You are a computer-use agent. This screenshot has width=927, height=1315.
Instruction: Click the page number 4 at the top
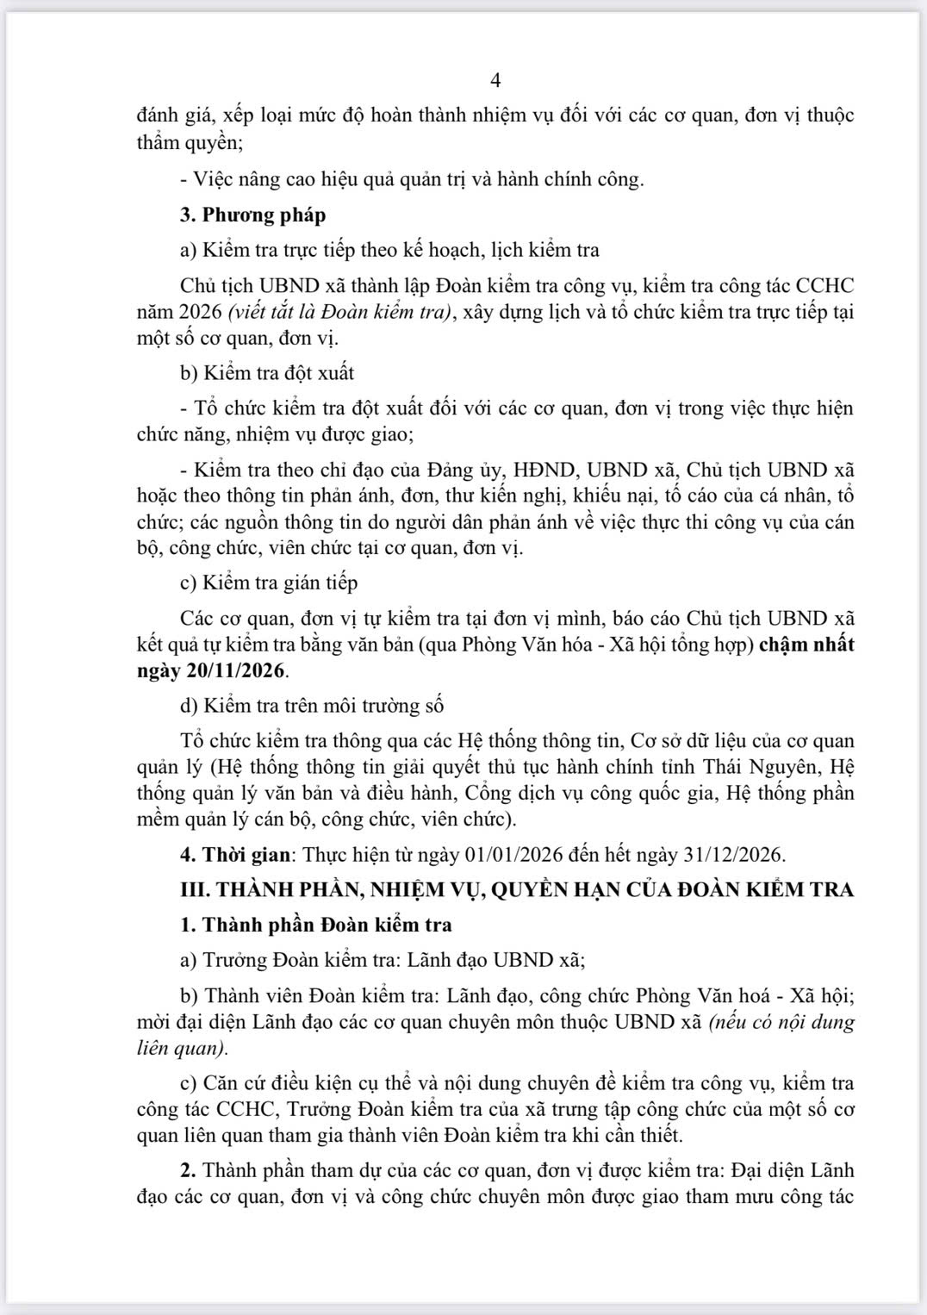coord(495,80)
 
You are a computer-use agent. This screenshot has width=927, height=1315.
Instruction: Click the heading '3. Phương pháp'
coord(252,215)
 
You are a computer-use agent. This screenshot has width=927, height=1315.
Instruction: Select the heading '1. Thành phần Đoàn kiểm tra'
coord(316,925)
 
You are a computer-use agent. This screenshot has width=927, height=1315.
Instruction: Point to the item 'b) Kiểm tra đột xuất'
coord(267,373)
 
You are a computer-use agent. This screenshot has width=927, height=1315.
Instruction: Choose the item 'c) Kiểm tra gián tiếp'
coord(269,583)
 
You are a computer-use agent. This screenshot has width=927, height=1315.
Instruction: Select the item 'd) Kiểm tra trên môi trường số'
coord(312,705)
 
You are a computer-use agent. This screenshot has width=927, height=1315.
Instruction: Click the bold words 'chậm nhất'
coord(806,644)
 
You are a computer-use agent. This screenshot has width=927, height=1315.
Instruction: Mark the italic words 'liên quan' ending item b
coord(181,1049)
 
